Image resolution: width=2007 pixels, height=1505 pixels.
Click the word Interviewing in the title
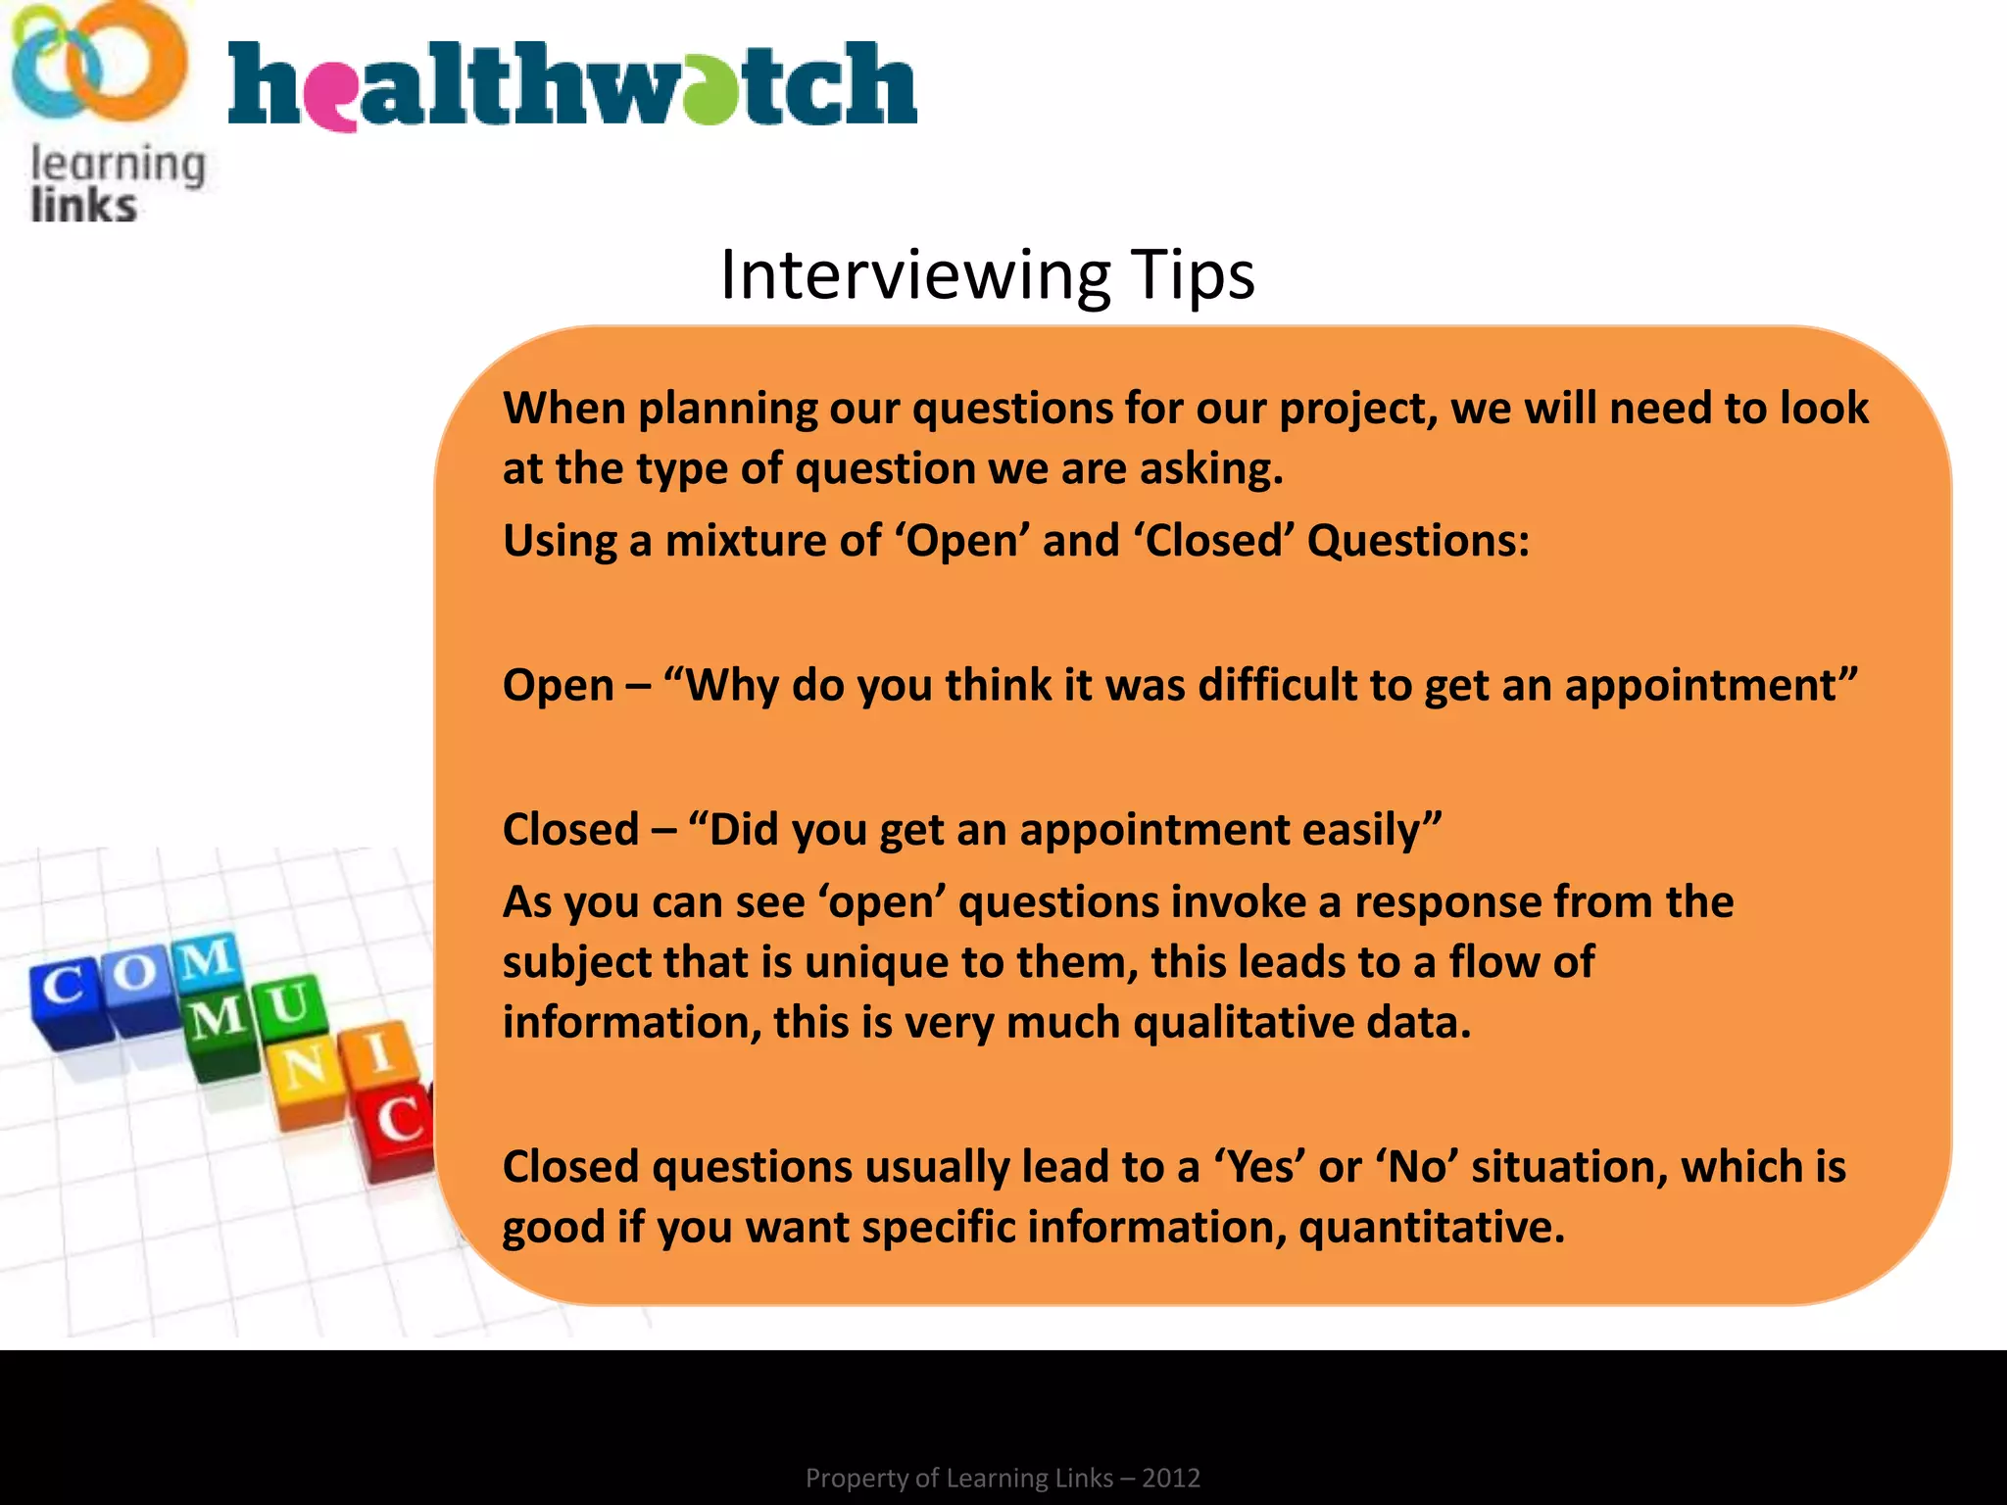(x=915, y=275)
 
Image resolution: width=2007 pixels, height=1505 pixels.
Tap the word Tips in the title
(x=1192, y=275)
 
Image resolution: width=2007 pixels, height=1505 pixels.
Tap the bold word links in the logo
(x=83, y=206)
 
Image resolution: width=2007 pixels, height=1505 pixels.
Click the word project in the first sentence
(x=1357, y=408)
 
